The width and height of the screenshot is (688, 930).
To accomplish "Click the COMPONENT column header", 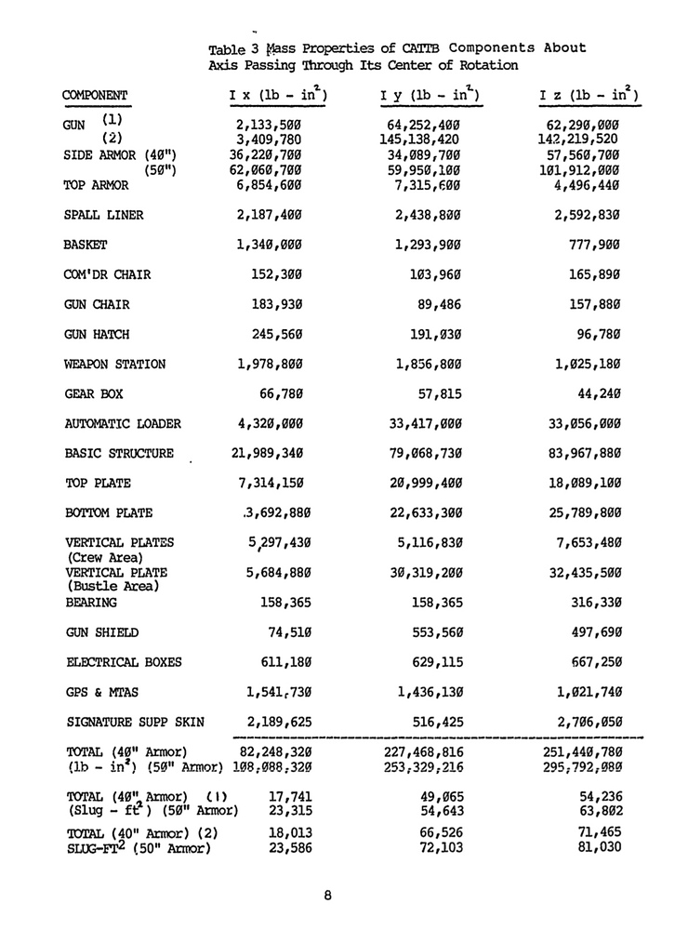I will [x=94, y=95].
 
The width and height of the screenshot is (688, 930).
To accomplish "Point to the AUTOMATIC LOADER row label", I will [x=123, y=424].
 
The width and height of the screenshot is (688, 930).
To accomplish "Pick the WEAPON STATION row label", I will [x=115, y=365].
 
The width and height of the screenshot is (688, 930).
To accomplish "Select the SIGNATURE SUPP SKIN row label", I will [x=135, y=721].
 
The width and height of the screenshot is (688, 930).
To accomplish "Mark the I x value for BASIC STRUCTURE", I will [x=270, y=454].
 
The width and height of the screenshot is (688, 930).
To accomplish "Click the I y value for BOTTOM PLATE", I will [x=424, y=512].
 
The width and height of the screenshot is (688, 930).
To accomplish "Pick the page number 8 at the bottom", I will [x=328, y=896].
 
